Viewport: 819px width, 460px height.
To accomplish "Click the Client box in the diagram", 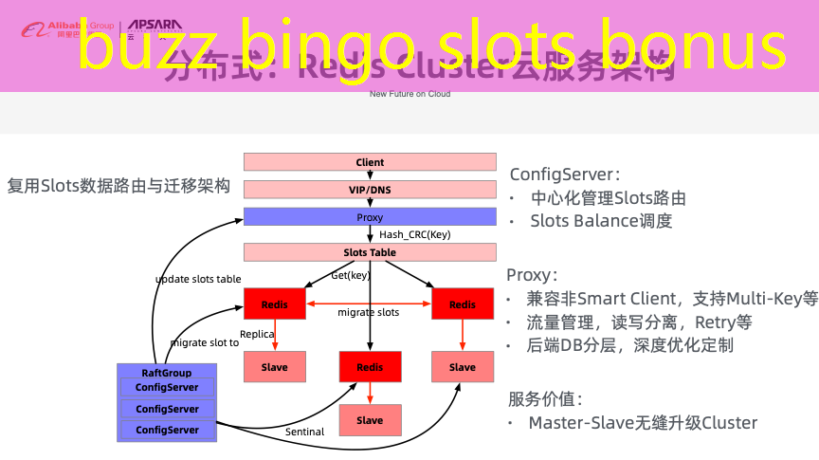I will (x=370, y=162).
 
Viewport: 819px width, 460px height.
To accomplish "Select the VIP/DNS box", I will (x=370, y=190).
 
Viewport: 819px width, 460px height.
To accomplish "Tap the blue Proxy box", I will (x=370, y=217).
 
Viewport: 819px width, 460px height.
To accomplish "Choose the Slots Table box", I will (x=370, y=252).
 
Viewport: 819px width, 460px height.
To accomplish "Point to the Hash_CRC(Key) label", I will (x=415, y=234).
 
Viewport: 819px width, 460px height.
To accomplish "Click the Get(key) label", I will (x=350, y=276).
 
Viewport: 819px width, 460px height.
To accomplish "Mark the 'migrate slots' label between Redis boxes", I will (x=369, y=312).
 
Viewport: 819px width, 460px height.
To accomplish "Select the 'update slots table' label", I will (x=198, y=279).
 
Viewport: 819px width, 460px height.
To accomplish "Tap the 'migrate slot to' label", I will (x=205, y=342).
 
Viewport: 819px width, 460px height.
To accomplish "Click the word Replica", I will (x=257, y=334).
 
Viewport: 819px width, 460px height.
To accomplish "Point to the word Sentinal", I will (x=304, y=432).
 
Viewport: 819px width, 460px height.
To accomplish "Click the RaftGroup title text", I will (x=167, y=373).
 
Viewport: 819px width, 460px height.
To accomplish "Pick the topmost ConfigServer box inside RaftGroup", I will (x=167, y=387).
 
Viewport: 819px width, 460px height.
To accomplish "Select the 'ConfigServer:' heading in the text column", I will (x=565, y=175).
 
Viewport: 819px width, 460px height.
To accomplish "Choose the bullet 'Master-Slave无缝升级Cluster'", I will (x=643, y=422).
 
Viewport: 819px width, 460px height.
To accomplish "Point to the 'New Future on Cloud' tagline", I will (x=409, y=94).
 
